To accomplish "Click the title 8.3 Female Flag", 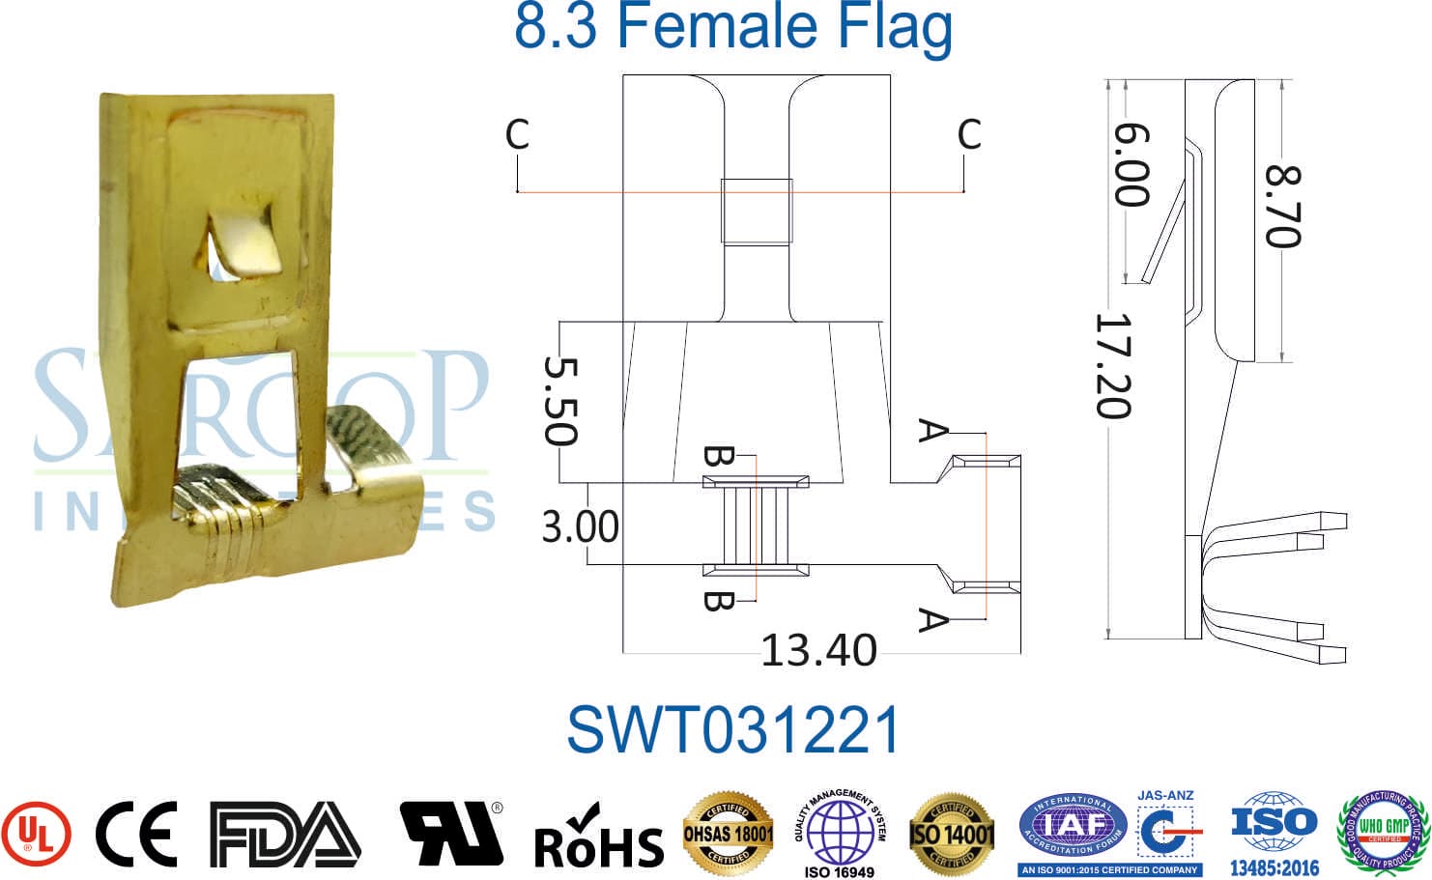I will coord(733,27).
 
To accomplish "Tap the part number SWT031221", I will coord(733,730).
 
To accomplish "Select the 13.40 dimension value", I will coord(818,650).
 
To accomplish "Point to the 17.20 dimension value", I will coord(1112,366).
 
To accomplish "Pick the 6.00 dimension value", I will coord(1131,165).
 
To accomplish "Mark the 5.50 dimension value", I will coord(560,401).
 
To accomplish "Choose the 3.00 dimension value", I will coord(580,527).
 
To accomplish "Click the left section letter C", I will coord(518,135).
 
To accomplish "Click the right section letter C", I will coord(969,135).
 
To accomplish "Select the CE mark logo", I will coord(136,834).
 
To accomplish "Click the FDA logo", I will coord(285,834).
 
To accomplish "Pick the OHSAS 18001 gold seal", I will coord(729,832).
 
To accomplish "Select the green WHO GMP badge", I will coord(1383,831).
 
